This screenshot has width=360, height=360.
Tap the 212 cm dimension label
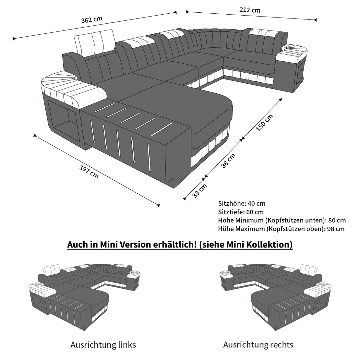click(250, 10)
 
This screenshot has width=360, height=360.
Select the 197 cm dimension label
click(89, 172)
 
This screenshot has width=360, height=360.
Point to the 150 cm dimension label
click(264, 123)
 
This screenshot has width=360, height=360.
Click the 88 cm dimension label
click(228, 161)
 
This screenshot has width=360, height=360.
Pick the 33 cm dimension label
click(199, 191)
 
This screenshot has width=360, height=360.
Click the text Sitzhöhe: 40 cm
click(242, 203)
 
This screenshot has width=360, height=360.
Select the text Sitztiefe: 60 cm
click(241, 212)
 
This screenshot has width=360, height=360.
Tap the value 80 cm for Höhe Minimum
click(337, 221)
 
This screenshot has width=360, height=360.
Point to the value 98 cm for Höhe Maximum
click(336, 229)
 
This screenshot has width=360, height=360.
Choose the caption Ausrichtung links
click(103, 345)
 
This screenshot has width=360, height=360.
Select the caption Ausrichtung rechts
click(258, 345)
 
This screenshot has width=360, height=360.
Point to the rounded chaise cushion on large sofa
click(176, 108)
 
